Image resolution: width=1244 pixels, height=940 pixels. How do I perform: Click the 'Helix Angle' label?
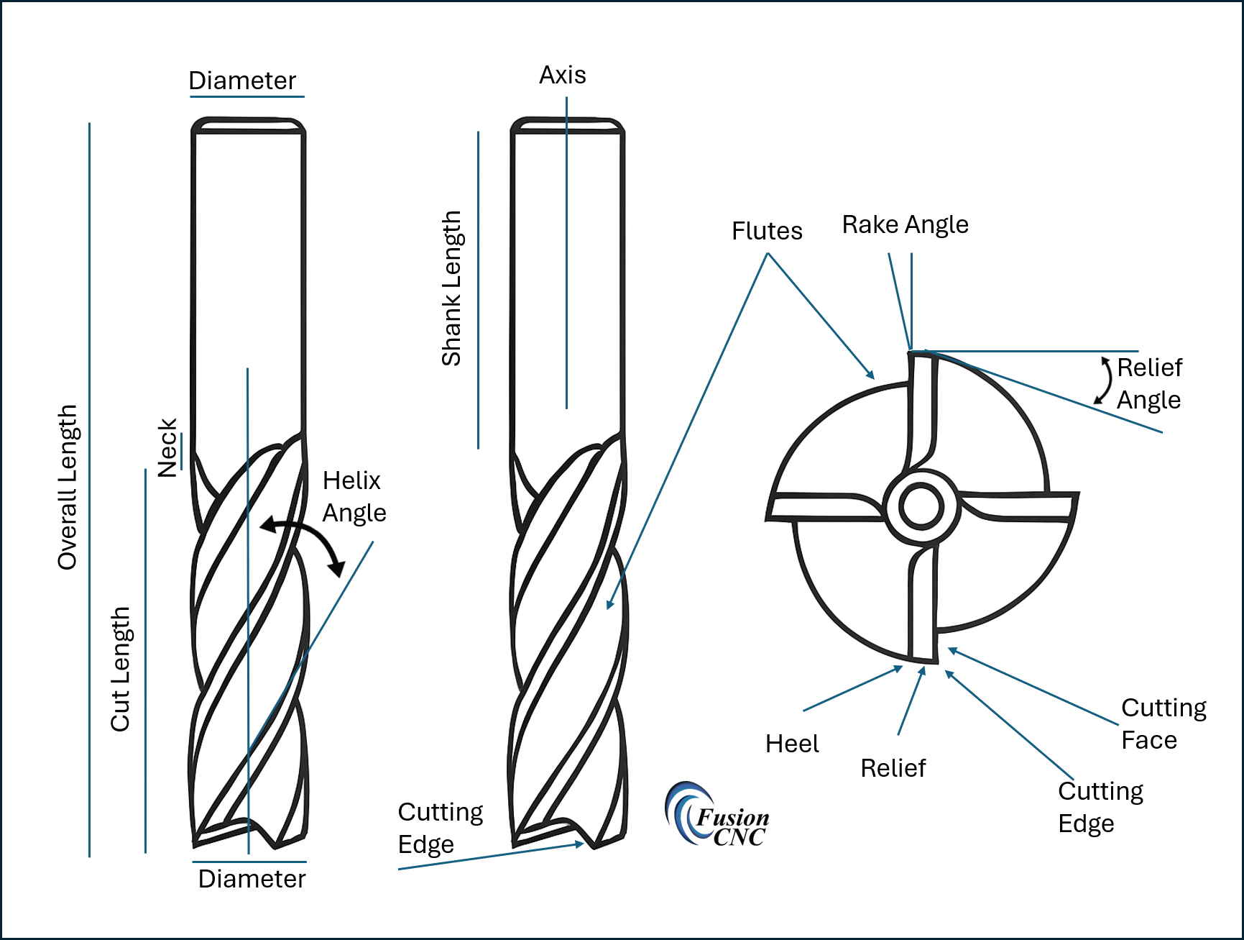coord(354,496)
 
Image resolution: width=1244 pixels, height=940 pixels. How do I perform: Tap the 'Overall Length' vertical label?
coord(68,487)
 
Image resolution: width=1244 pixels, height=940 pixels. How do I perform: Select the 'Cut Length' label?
coord(120,669)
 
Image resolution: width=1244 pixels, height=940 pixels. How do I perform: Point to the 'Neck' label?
coord(167,447)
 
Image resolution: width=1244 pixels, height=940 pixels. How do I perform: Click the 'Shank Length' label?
coord(451,288)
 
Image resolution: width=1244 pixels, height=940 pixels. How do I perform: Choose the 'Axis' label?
coord(562,75)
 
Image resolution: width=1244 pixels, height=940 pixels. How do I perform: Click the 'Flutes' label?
coord(767,231)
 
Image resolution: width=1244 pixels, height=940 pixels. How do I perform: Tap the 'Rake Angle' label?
coord(905,224)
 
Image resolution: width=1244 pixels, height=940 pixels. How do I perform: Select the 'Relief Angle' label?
coord(1148,383)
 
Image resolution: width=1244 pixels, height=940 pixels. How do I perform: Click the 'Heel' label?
coord(792,744)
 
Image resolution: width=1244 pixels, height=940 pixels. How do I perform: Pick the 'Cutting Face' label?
coord(1163,724)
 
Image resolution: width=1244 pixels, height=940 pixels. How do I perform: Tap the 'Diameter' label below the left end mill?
coord(252,879)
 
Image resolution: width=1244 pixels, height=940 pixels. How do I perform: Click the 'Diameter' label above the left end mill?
coord(242,81)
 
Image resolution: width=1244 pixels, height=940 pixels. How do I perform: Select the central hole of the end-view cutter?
coord(921,506)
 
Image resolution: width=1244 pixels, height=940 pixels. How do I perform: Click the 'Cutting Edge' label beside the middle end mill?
coord(440,828)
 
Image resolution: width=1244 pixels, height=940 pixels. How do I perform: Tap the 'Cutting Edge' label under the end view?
coord(1100,807)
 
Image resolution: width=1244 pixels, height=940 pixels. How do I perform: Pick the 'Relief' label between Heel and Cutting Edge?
coord(893,768)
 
